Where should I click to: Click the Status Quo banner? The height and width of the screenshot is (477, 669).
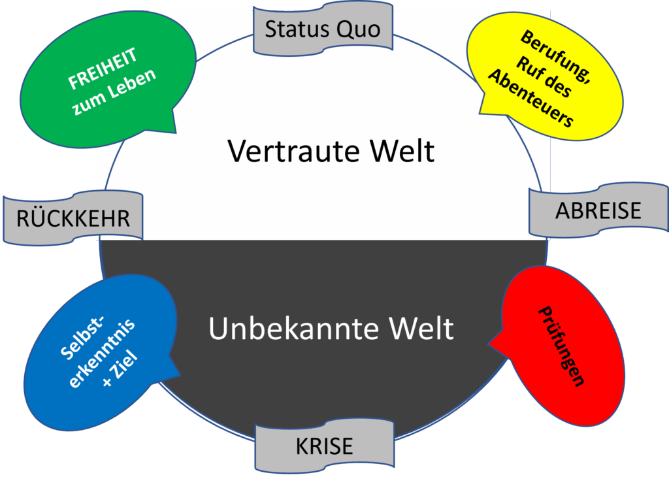(323, 29)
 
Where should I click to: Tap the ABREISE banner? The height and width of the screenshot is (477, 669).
(598, 210)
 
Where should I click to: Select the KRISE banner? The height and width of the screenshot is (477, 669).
(324, 446)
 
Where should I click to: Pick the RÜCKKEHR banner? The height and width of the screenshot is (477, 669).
(73, 218)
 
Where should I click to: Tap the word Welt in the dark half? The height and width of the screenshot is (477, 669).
(424, 328)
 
